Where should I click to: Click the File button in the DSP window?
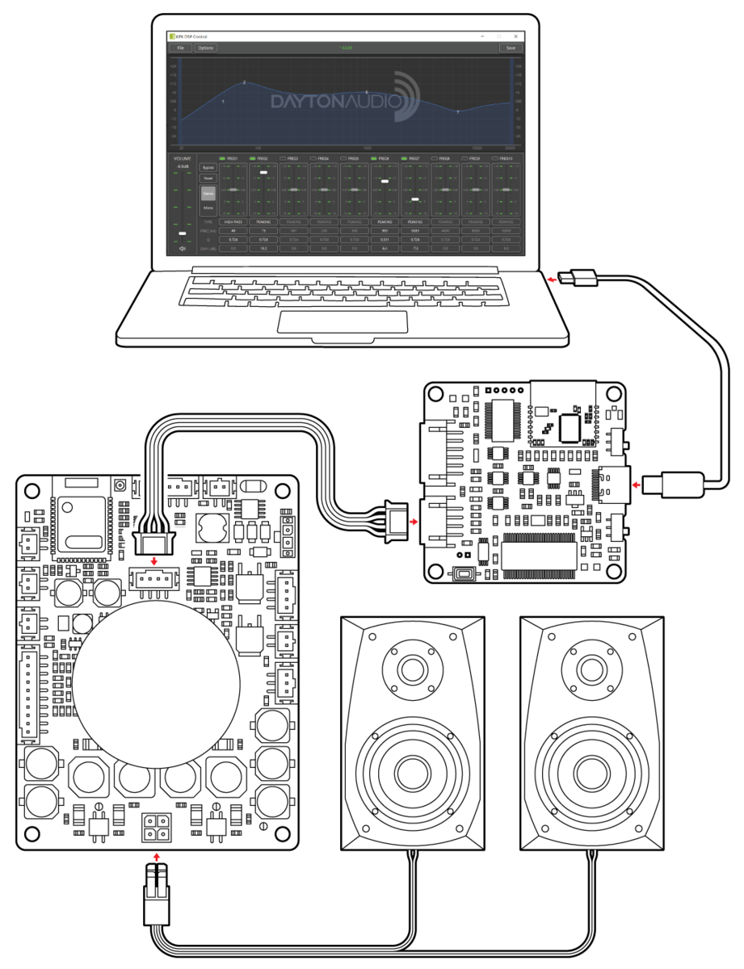[180, 48]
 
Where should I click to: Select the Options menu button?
[205, 48]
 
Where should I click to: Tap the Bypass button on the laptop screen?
[208, 167]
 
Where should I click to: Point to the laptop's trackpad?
[343, 321]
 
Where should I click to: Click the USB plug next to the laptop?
[580, 278]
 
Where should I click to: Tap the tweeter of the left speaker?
[413, 669]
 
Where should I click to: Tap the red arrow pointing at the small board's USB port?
[637, 485]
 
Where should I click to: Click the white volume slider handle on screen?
[183, 233]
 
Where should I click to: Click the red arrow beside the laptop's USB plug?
[551, 280]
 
